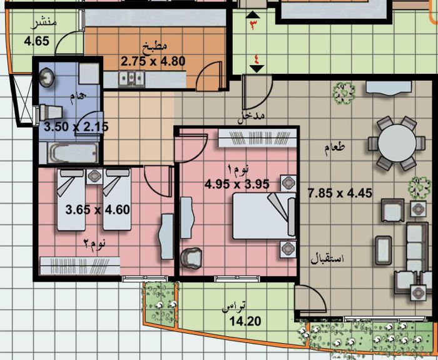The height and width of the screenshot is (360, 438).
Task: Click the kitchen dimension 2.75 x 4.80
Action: [x=153, y=61]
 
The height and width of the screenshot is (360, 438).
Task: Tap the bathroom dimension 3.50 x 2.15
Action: [x=76, y=127]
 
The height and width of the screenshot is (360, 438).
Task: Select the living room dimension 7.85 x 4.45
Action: [x=340, y=193]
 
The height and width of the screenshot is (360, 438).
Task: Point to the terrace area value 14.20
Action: [x=245, y=321]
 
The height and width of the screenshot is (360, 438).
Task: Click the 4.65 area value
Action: [x=36, y=41]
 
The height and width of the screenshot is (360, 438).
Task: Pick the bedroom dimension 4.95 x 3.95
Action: [x=237, y=184]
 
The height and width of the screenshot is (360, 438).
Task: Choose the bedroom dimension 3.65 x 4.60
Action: [x=98, y=210]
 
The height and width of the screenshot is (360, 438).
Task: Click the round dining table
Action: [x=397, y=143]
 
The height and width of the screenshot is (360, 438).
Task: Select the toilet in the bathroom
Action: [x=51, y=113]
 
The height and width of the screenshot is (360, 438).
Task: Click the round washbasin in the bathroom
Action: [x=46, y=78]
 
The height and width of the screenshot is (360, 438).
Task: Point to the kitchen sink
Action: [x=131, y=79]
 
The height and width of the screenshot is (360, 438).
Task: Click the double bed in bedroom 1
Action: [x=264, y=216]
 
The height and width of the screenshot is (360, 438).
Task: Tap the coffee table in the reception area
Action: [x=384, y=250]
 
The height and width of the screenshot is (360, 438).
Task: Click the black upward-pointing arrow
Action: [x=255, y=15]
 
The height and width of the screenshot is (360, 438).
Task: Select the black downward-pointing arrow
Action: [x=257, y=69]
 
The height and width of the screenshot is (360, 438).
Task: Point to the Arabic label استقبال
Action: [x=327, y=259]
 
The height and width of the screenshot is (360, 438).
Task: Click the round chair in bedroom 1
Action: [x=191, y=259]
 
